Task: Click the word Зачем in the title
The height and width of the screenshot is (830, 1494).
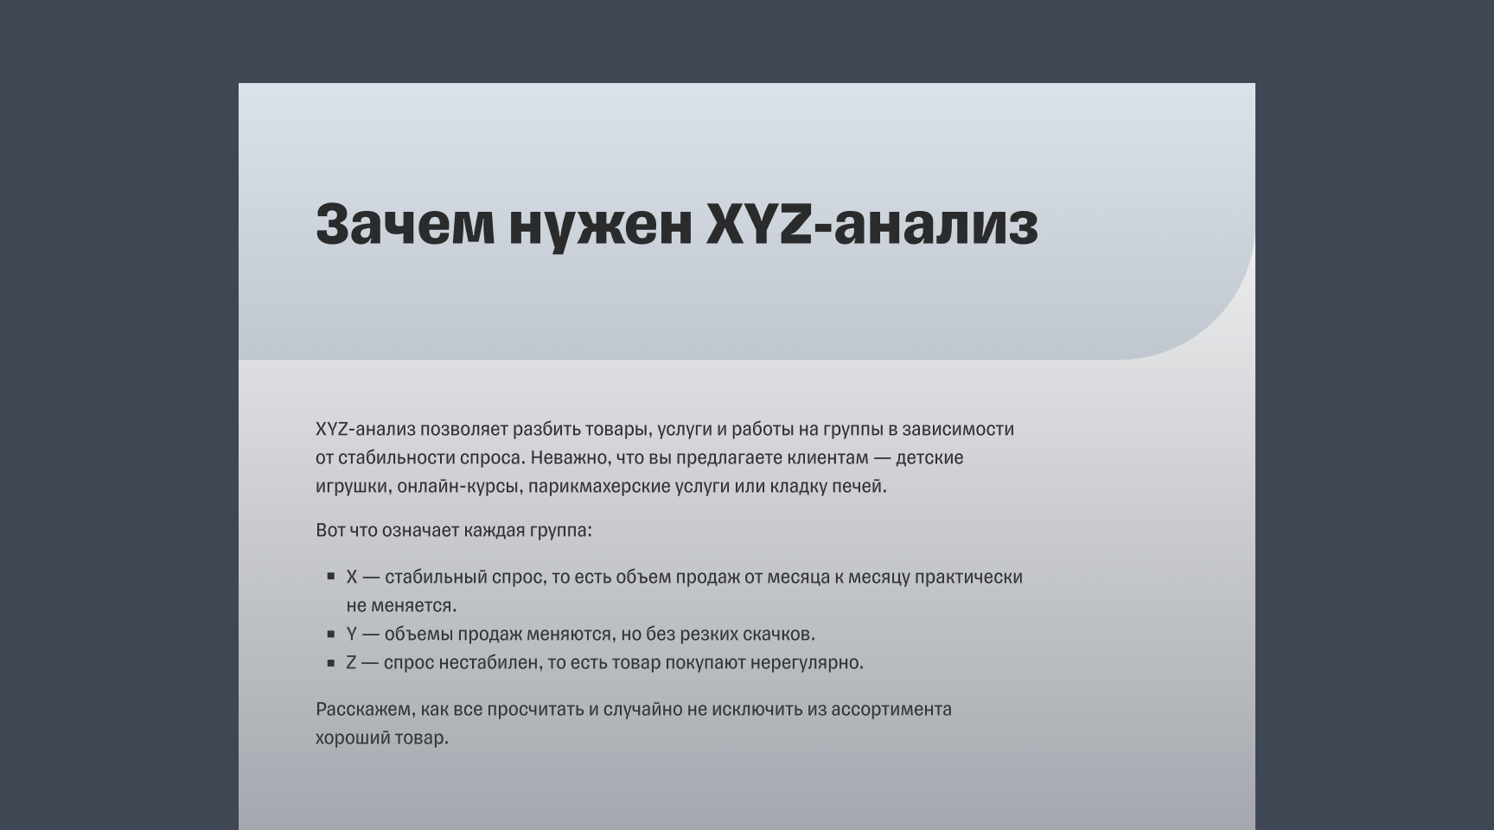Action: (405, 224)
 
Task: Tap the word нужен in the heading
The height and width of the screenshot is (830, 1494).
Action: (601, 224)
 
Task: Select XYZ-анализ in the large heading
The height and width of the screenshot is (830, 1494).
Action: (871, 224)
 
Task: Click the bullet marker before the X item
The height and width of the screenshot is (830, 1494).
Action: (331, 576)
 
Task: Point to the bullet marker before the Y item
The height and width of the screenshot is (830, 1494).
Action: (331, 634)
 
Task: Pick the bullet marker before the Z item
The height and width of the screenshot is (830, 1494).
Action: (331, 663)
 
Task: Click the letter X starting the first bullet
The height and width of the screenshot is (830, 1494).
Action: (352, 577)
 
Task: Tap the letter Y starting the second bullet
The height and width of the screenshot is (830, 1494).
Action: (352, 635)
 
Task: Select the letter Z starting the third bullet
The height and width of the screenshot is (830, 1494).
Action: (352, 663)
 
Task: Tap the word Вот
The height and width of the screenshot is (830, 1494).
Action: (330, 530)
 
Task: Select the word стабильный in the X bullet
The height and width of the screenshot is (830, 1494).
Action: (435, 577)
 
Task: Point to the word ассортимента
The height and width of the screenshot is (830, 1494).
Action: (891, 710)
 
